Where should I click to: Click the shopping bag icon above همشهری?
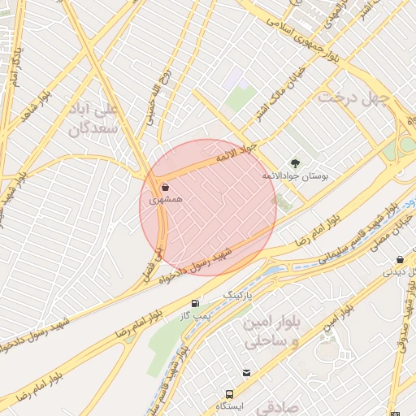165,187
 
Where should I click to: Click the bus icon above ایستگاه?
246,373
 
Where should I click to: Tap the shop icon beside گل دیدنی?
399,260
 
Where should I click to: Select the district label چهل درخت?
353,97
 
